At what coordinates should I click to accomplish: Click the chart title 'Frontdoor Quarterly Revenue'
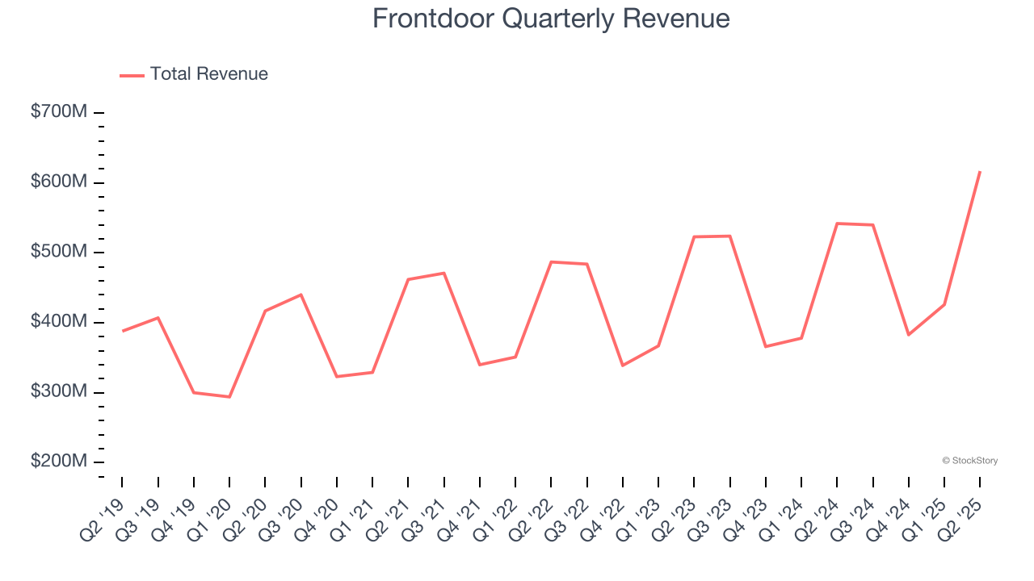(x=551, y=19)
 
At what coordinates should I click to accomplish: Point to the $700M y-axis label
(x=58, y=112)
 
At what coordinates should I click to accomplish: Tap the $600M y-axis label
(x=58, y=182)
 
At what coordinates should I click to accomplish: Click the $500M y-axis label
(x=58, y=253)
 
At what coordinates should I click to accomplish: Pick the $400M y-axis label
(x=58, y=322)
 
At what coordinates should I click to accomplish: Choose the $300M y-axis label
(x=58, y=392)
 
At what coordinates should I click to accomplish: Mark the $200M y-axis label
(x=58, y=462)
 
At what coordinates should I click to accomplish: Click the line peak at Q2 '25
(x=980, y=171)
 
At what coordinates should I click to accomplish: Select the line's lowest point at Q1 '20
(x=229, y=397)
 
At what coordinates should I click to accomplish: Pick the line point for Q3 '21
(x=444, y=273)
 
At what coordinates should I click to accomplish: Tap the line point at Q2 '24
(x=837, y=224)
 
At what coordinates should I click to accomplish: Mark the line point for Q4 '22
(x=623, y=366)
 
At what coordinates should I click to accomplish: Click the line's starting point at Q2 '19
(x=123, y=331)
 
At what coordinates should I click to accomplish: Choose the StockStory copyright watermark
(x=970, y=461)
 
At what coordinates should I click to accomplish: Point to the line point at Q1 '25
(x=944, y=304)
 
